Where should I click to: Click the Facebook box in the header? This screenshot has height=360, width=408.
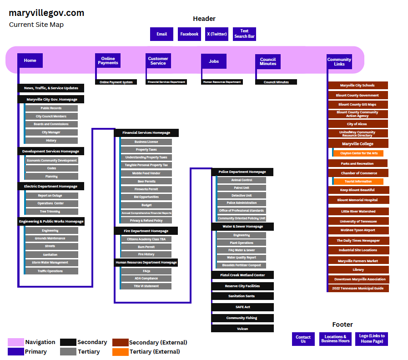point(189,34)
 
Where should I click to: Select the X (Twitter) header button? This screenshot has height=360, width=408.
point(217,34)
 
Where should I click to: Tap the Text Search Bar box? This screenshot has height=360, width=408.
point(244,34)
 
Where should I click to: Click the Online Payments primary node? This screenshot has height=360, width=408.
point(108,61)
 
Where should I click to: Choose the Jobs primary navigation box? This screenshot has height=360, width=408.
point(214,61)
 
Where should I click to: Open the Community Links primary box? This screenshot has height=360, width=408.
point(339,61)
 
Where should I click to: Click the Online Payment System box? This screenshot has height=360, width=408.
point(116,82)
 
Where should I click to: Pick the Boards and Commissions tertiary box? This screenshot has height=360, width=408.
point(51,124)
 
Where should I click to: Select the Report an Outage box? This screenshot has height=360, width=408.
point(51,196)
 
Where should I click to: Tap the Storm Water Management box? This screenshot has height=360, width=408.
point(51,263)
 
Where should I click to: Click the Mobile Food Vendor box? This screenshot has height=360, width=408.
point(146,173)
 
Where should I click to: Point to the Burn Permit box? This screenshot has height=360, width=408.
point(146,247)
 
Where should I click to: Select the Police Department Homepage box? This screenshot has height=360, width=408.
point(242,172)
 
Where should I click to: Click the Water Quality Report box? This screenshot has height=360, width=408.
point(242,258)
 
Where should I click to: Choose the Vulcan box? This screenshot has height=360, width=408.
point(242,329)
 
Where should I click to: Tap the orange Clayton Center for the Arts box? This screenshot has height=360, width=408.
point(359,153)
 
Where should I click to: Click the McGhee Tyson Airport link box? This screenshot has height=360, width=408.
point(358,230)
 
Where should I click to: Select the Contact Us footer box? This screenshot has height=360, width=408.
point(303,339)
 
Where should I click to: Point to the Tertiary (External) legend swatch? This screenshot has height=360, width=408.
point(121,352)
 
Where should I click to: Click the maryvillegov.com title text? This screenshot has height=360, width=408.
point(46,13)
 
